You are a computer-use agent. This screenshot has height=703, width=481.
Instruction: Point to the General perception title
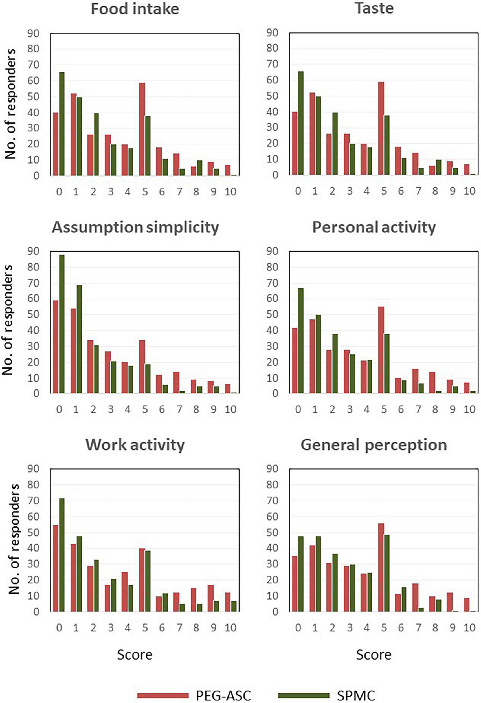pos(374,445)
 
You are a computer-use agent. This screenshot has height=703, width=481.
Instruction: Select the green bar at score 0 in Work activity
pos(62,555)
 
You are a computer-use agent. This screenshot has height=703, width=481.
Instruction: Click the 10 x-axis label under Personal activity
pos(469,409)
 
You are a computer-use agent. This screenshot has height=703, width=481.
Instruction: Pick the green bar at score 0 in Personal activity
pos(301,341)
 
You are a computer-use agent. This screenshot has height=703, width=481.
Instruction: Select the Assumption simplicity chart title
pos(135,227)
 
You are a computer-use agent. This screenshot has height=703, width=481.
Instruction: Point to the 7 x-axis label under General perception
pos(418,628)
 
